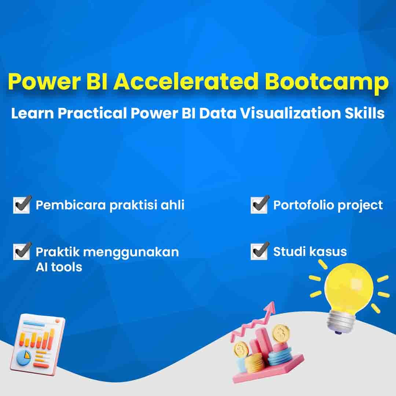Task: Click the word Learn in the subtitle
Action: tap(32, 113)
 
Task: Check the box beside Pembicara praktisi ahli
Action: tap(22, 205)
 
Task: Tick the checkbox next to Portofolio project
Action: tap(259, 205)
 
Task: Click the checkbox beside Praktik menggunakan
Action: tap(22, 251)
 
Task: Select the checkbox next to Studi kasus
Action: tap(259, 251)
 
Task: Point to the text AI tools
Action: tap(59, 267)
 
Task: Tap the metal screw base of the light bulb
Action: tap(338, 322)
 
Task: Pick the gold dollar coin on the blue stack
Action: tap(281, 333)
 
